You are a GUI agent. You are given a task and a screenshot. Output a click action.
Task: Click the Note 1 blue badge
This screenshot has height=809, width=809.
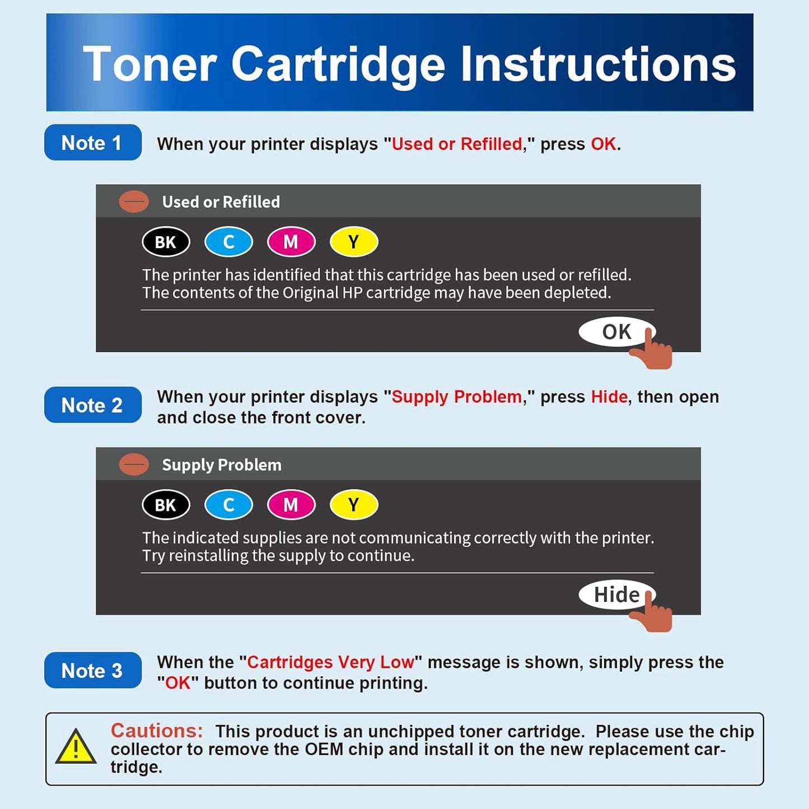click(x=92, y=143)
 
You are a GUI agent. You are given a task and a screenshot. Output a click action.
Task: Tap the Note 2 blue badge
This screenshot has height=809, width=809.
click(x=92, y=405)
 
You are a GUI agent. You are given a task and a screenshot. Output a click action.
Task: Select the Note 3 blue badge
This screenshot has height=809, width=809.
click(x=92, y=670)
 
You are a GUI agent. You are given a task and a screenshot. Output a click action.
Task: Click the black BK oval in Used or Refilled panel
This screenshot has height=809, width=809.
click(x=166, y=242)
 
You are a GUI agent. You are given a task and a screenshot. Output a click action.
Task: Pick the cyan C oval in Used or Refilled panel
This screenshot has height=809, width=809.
click(x=228, y=242)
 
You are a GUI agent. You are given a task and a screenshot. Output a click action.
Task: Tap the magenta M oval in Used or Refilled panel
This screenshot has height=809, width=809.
click(x=291, y=242)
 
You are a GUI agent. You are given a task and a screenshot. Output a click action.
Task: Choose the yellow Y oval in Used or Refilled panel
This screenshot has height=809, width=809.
click(x=354, y=242)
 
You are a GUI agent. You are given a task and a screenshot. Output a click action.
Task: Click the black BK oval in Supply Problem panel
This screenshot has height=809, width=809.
click(x=166, y=505)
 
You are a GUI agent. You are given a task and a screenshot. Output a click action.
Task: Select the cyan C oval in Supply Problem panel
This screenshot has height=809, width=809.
click(x=228, y=505)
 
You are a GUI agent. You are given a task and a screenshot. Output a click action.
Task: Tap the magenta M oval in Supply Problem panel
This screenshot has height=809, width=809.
click(x=291, y=505)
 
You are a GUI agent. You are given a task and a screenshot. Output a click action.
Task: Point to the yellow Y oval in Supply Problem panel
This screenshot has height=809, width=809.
click(x=354, y=505)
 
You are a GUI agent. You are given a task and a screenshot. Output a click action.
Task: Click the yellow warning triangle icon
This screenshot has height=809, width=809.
click(x=76, y=747)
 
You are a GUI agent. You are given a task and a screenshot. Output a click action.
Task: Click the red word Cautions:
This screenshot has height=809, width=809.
click(x=157, y=731)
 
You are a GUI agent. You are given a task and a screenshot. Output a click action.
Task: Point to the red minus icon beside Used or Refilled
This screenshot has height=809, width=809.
click(x=134, y=202)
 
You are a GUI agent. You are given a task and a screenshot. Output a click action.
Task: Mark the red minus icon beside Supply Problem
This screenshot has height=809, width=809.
click(x=134, y=465)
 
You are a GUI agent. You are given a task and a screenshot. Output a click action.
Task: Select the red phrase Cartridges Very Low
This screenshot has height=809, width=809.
click(x=330, y=662)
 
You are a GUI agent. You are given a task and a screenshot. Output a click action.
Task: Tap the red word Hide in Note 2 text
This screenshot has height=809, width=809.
click(x=609, y=397)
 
